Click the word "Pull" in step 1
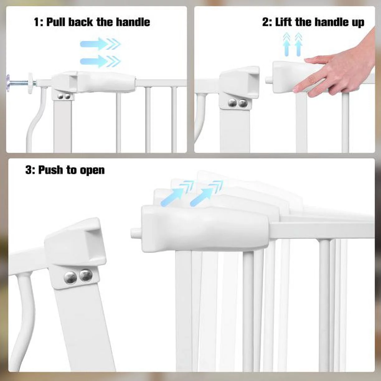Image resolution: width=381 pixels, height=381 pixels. [55, 22]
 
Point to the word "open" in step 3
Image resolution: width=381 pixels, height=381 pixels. [92, 171]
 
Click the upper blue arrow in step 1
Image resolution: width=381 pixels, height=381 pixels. [100, 44]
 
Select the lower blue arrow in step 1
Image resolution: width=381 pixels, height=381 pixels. [100, 62]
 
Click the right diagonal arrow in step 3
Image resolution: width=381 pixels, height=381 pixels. [206, 193]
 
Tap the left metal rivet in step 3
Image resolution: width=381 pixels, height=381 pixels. [70, 278]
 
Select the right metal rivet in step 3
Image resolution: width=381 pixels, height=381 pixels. [86, 275]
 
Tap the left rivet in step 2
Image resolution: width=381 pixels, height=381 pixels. [232, 103]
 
